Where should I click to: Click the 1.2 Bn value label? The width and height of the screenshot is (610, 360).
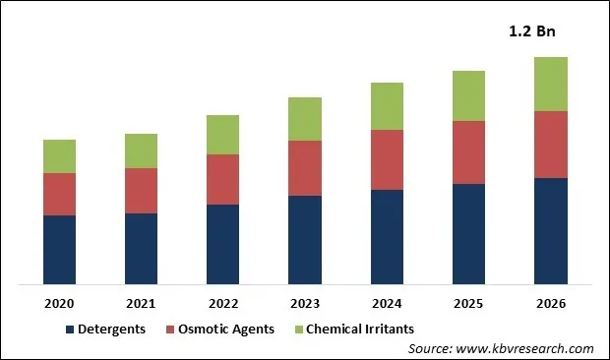pos(531,32)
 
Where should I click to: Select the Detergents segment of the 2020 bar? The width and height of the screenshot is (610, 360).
pos(59,250)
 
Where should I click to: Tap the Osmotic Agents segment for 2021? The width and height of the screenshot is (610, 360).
pos(141,191)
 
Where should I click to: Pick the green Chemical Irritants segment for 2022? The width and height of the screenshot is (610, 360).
pos(222,135)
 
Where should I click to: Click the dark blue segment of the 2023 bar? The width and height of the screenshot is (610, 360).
pos(304,240)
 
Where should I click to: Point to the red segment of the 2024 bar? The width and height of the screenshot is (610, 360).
pos(387,159)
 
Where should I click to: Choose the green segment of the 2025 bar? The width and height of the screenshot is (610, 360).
pos(468,95)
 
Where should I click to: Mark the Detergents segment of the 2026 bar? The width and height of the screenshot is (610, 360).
pos(550,231)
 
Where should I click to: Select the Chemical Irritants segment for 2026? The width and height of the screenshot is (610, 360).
pos(550,84)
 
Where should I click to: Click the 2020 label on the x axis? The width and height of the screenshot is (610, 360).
pos(59,303)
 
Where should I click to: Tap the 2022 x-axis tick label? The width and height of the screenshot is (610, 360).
pos(222,303)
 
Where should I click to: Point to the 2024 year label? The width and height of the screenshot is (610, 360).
pos(387,303)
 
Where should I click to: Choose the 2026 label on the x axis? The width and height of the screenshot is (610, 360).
pos(550,303)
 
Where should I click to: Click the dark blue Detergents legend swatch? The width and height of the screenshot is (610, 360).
pos(70,329)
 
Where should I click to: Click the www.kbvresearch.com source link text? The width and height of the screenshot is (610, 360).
pos(528,348)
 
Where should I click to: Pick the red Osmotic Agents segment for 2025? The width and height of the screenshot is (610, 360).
pos(468,152)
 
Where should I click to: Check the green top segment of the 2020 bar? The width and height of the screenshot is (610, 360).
pos(59,156)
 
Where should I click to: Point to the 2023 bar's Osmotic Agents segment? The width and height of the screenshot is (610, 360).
pos(304,168)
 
